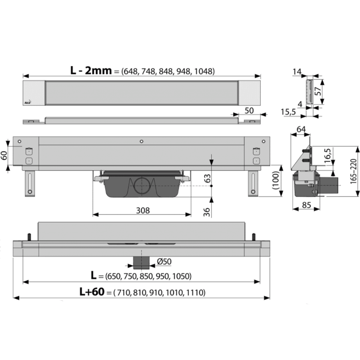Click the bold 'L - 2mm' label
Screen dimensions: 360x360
point(91,70)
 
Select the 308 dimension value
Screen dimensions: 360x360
point(143,210)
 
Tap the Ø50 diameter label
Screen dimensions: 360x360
point(164,261)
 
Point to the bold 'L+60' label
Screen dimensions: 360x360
point(92,292)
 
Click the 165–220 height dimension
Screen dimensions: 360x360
point(354,171)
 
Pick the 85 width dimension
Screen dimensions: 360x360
point(306,205)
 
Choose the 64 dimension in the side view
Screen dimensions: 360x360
point(301,129)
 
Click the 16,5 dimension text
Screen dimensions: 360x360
point(328,156)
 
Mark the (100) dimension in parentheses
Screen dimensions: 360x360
point(276,180)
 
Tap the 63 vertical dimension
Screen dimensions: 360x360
point(207,178)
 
